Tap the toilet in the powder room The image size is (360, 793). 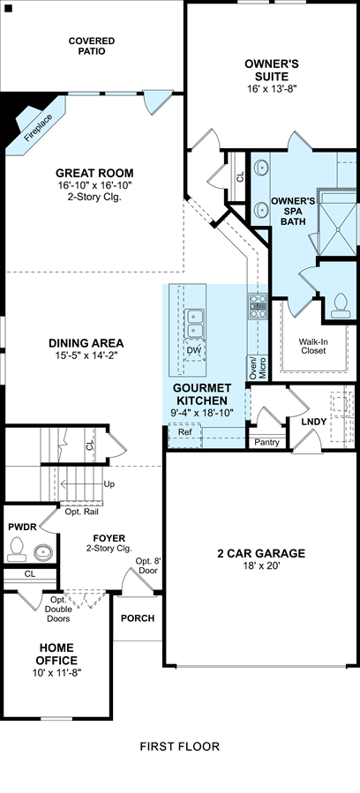click(x=17, y=549)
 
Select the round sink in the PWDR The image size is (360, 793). click(x=43, y=552)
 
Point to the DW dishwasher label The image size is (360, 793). click(x=193, y=350)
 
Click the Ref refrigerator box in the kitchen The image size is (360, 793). click(x=184, y=436)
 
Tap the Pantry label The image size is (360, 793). click(x=267, y=442)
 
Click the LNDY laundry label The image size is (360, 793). click(x=314, y=422)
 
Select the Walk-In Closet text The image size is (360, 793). click(x=312, y=346)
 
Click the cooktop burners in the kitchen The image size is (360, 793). click(x=258, y=306)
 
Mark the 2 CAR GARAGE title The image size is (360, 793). click(x=260, y=553)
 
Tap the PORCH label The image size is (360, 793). click(x=138, y=618)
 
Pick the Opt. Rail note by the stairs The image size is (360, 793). click(x=82, y=512)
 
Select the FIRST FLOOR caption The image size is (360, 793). click(x=180, y=746)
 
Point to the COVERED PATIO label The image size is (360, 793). click(x=92, y=46)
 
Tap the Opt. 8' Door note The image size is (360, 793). click(x=146, y=566)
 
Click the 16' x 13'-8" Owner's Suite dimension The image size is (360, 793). click(x=271, y=88)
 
